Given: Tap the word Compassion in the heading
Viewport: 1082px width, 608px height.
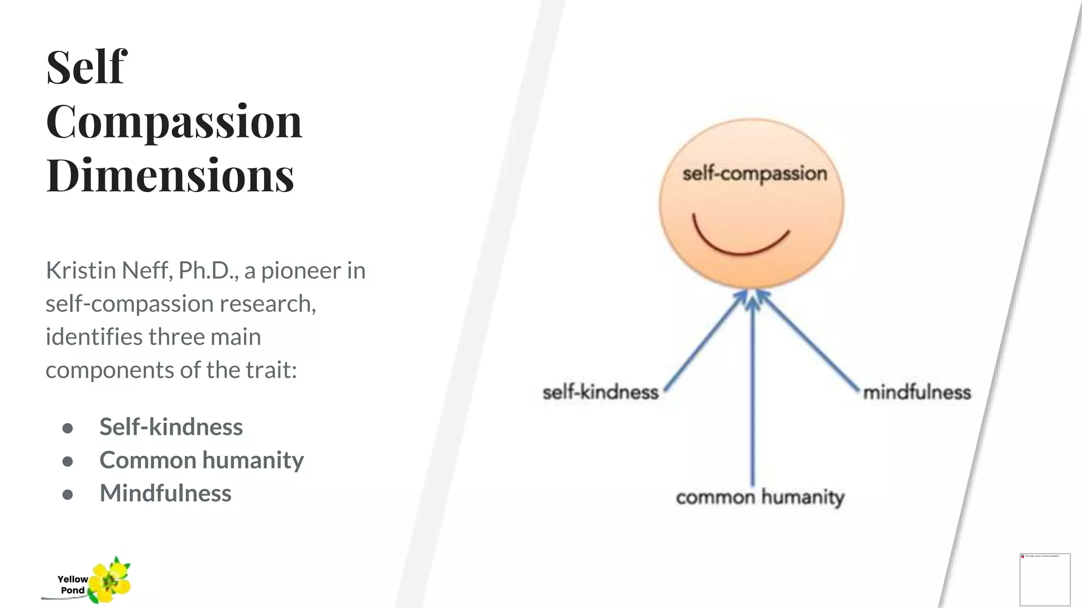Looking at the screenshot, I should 174,121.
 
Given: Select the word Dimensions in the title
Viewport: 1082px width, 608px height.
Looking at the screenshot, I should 170,175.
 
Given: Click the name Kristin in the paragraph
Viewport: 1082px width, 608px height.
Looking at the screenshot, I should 80,270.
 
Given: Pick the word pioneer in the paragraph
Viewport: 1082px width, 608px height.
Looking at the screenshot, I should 301,270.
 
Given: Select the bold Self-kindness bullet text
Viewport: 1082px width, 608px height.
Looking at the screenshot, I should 171,426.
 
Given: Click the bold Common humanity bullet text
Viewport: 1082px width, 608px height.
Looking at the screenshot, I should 201,460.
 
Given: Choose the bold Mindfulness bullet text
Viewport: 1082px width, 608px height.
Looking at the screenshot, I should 165,493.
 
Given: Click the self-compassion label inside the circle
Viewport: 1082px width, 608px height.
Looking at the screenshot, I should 754,174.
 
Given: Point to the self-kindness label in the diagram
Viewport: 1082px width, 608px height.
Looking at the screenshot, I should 600,392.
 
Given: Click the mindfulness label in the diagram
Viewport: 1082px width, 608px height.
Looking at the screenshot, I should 917,392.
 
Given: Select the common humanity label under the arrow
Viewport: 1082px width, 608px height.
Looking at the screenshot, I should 760,497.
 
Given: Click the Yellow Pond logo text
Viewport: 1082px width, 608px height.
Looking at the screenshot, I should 72,585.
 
